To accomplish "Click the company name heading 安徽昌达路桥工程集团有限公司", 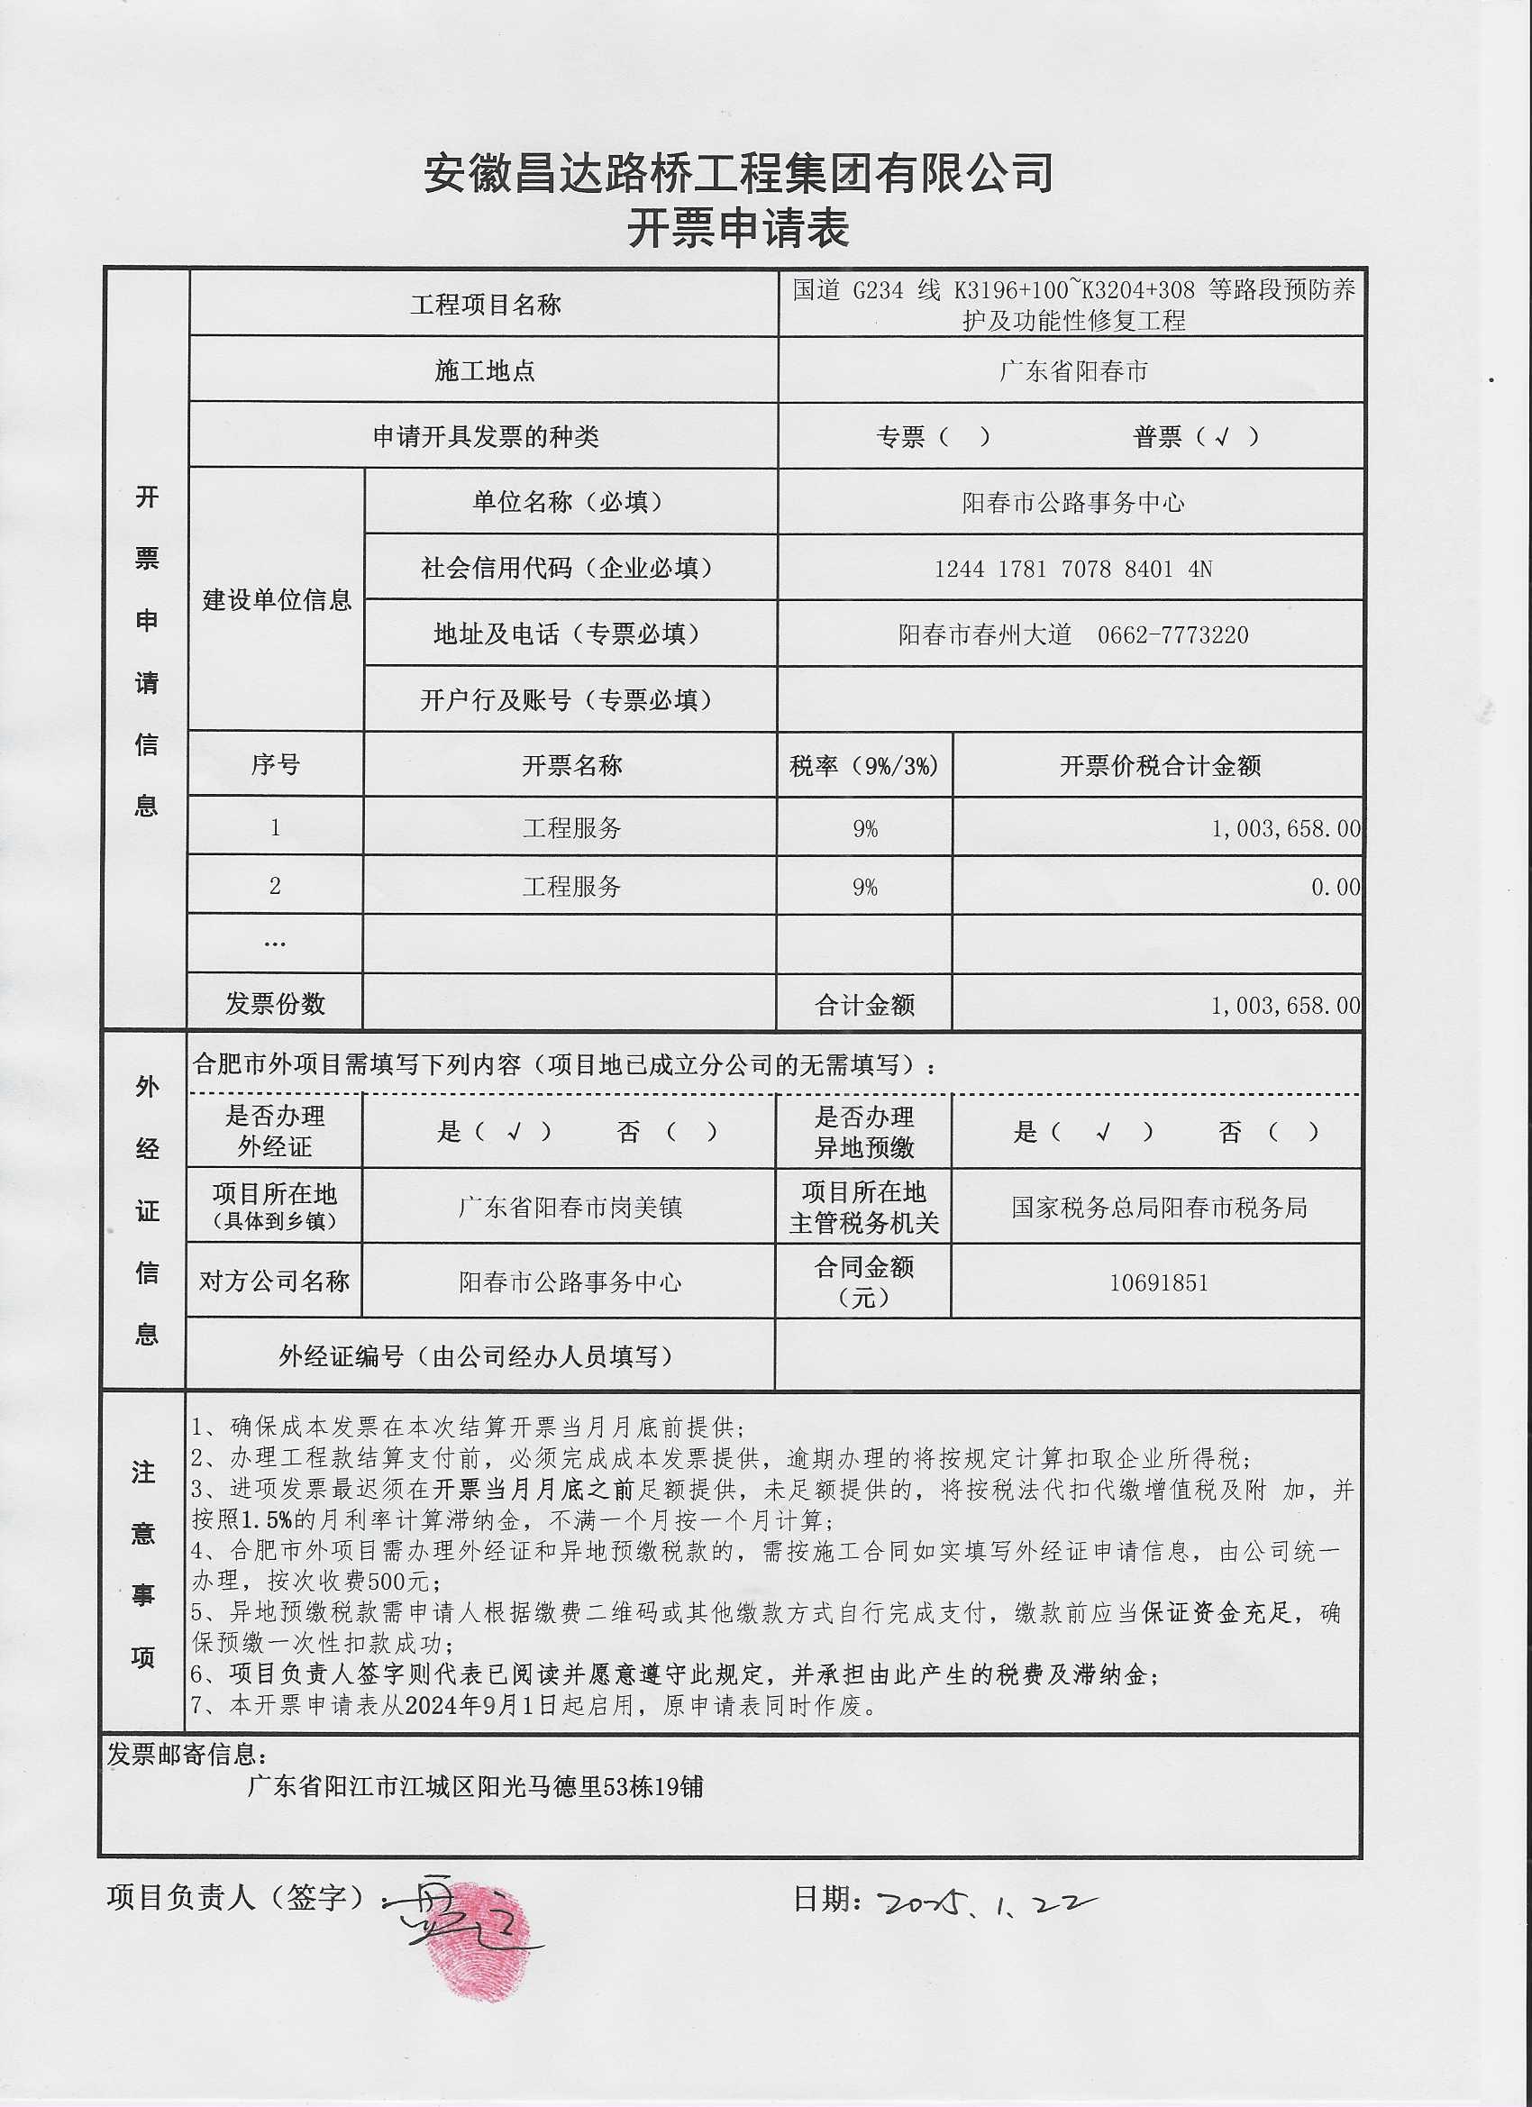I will click(x=739, y=174).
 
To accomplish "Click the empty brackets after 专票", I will click(x=965, y=437).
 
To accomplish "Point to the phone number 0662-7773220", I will click(x=1172, y=635).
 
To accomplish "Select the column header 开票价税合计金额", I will click(x=1160, y=765).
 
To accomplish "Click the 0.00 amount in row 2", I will click(x=1335, y=887).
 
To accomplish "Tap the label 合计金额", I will click(x=865, y=1004).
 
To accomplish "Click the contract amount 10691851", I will click(x=1159, y=1283).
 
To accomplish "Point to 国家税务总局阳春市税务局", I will click(x=1159, y=1208).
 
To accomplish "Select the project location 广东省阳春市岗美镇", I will click(x=570, y=1208).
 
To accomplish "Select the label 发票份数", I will click(x=275, y=1003).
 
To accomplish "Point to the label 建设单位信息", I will click(x=277, y=600).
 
